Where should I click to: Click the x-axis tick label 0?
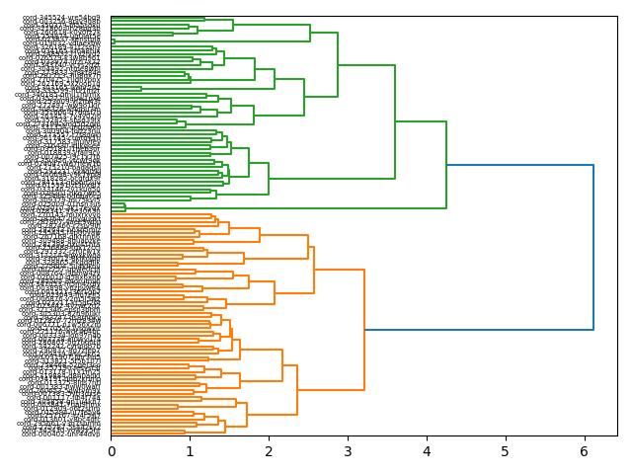coord(111,451)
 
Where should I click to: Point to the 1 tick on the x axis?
coord(190,451)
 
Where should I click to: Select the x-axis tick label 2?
coord(269,451)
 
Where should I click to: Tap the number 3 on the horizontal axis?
coord(348,451)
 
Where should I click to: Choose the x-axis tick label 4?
coord(427,451)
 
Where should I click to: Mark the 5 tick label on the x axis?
coord(505,451)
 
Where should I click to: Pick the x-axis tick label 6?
coord(584,451)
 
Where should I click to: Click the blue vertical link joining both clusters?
coord(593,247)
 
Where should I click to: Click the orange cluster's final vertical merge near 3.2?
coord(364,330)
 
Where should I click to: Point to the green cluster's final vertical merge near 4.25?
coord(446,165)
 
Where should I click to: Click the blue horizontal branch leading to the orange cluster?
coord(479,330)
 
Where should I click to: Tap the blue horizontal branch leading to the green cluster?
coord(519,165)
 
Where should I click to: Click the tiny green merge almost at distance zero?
coord(115,41)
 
